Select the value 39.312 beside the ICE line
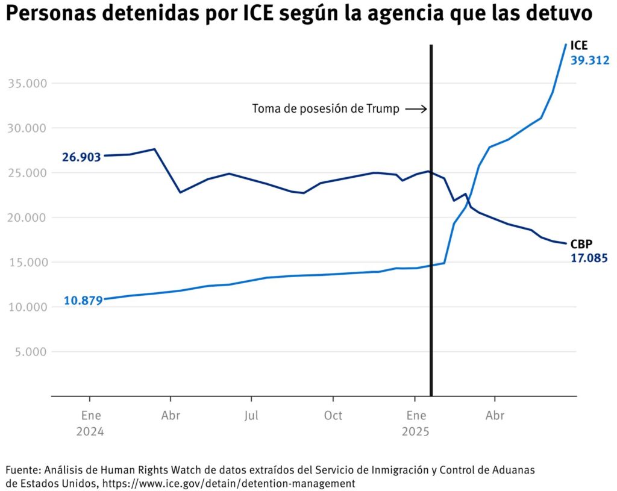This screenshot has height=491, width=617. (590, 60)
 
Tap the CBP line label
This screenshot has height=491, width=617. (581, 244)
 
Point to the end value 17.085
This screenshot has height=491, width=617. (589, 258)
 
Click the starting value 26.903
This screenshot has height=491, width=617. (81, 158)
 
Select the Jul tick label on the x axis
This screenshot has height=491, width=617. (252, 416)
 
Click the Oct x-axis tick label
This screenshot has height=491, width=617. (333, 416)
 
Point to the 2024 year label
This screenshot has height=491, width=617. (90, 432)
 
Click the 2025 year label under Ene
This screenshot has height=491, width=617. (415, 432)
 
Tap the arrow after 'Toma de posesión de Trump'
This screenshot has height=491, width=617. (416, 109)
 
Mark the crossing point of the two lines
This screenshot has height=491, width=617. (469, 201)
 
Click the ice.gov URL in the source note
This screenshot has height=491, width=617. (228, 483)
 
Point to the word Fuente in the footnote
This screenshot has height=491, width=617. (22, 469)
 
